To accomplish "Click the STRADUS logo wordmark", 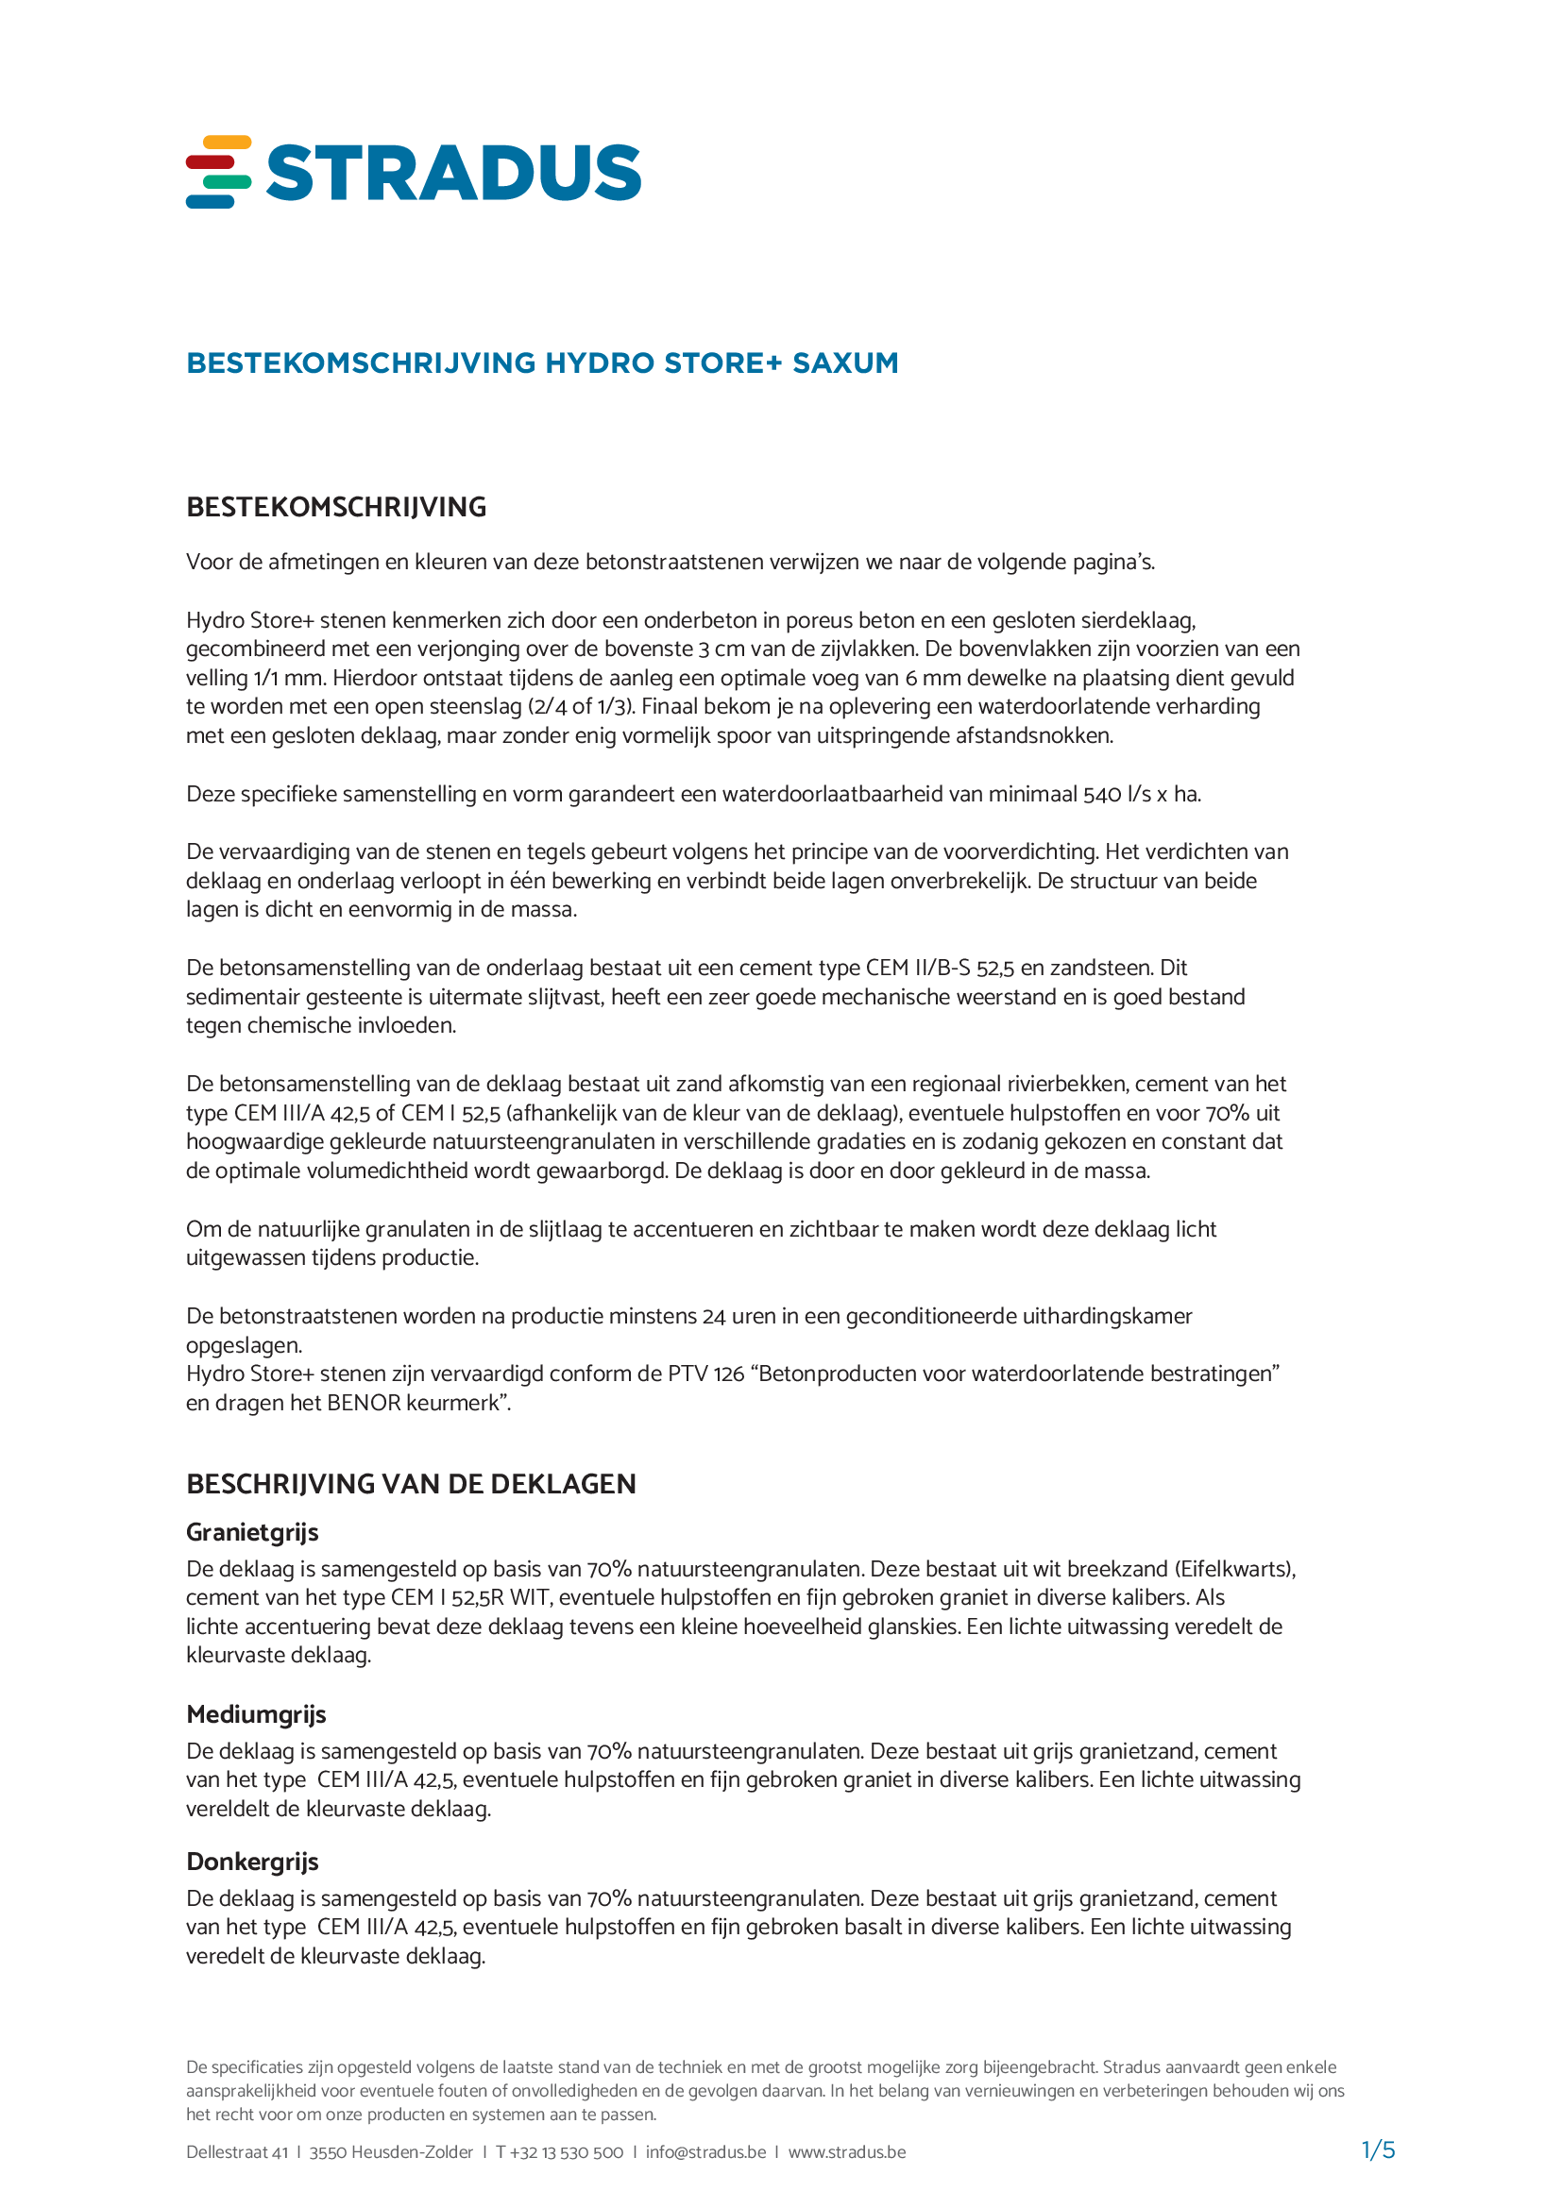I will tap(453, 173).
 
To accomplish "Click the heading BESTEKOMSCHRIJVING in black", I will tap(335, 507).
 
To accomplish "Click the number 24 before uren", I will tap(713, 1317).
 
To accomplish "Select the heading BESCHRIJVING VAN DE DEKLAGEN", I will tap(411, 1484).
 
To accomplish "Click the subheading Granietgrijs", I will tap(252, 1532).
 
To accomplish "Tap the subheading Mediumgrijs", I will tap(256, 1714).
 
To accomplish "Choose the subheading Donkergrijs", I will tap(252, 1862).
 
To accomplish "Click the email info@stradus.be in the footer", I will tap(705, 2152).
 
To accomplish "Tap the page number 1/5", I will tap(1378, 2150).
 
